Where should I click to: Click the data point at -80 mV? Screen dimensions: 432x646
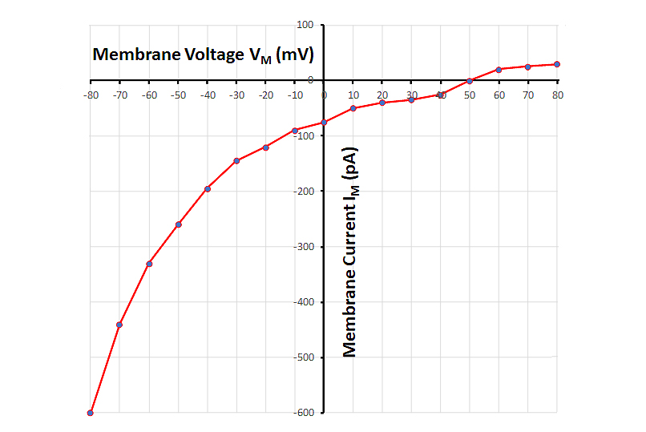[x=91, y=413]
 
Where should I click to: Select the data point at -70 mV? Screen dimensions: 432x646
[x=119, y=325]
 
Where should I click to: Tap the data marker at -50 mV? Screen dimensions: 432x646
[x=178, y=224]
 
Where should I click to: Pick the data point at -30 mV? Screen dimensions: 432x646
[x=236, y=161]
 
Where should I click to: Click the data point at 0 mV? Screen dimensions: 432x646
[x=324, y=123]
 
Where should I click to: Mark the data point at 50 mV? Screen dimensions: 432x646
[x=470, y=81]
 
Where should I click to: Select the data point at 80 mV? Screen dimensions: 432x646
[x=557, y=64]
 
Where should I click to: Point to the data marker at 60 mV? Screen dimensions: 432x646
[x=499, y=70]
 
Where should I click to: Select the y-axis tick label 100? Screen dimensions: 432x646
[x=305, y=25]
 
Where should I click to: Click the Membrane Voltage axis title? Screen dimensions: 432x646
[x=203, y=55]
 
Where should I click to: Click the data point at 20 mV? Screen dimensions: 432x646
[x=382, y=103]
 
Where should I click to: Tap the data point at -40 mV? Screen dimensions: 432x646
[x=208, y=189]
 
